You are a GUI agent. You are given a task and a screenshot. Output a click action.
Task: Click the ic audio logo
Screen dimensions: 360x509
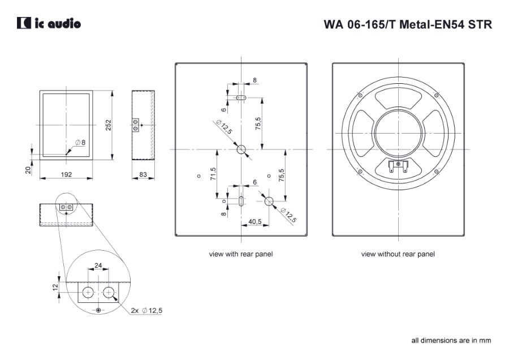tap(49, 24)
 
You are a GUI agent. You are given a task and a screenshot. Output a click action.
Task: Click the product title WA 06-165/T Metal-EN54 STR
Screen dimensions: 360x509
tap(407, 25)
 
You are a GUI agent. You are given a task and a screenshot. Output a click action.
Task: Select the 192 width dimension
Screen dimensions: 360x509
tap(66, 175)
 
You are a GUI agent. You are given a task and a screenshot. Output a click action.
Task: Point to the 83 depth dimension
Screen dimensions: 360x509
tap(143, 175)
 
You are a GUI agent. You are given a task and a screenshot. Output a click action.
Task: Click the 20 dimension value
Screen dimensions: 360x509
tap(28, 170)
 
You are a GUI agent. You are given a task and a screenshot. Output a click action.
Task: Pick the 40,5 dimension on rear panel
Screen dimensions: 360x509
tap(255, 222)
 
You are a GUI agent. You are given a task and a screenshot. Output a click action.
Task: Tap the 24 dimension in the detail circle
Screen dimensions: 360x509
tap(98, 265)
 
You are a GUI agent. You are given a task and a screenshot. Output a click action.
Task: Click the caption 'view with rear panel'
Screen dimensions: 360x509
tap(241, 254)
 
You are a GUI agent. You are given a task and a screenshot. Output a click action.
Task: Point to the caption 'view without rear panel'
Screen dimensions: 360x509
tap(398, 254)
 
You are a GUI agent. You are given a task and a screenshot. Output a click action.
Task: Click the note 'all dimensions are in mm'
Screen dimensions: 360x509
tap(451, 340)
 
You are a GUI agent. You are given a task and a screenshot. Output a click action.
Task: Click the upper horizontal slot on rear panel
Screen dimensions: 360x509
tap(241, 97)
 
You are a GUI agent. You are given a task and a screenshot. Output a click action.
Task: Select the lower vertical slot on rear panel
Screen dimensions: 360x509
tap(241, 201)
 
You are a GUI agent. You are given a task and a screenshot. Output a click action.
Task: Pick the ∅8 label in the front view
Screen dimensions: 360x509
tap(80, 142)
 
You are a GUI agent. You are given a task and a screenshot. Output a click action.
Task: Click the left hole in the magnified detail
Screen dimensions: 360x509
tap(88, 292)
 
